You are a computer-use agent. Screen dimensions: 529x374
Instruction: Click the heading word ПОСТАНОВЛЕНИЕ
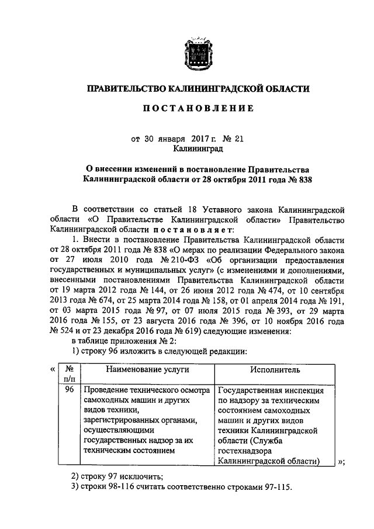coord(194,109)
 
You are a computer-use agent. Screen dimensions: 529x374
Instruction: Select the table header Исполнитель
coord(275,369)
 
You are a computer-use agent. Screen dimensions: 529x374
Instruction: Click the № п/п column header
coord(70,374)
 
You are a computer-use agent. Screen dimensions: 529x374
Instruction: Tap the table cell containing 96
coord(70,390)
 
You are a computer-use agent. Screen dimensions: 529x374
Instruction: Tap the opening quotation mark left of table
coord(53,369)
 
